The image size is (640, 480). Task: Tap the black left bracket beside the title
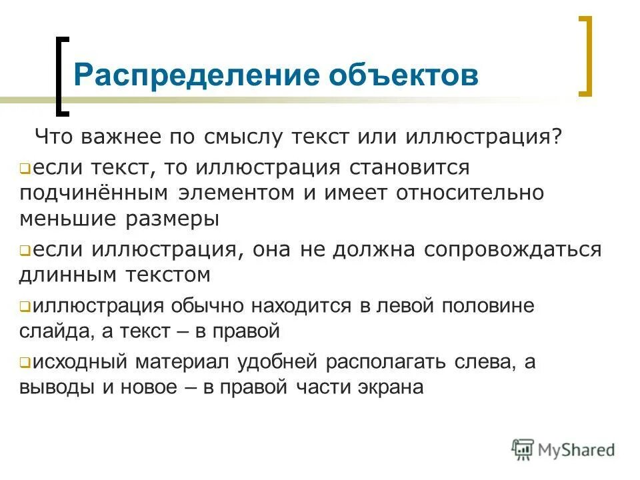(61, 74)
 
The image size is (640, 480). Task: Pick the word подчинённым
(96, 193)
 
